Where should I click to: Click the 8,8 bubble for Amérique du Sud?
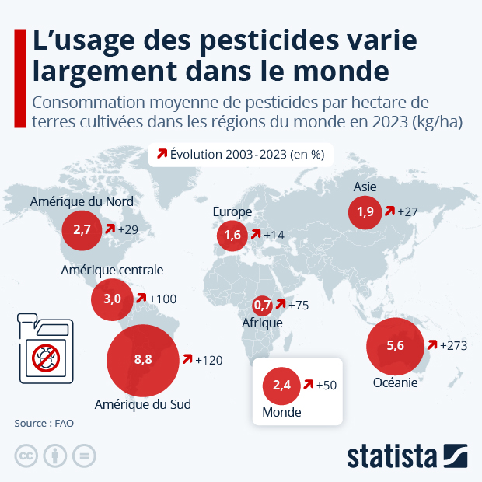click(x=142, y=360)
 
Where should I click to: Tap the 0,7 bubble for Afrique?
click(x=264, y=305)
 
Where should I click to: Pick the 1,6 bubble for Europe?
click(x=232, y=236)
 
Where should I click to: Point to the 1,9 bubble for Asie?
click(x=365, y=211)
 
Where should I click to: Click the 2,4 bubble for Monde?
click(x=281, y=386)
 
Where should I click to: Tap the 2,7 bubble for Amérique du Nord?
click(x=82, y=229)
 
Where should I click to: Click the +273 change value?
click(x=453, y=346)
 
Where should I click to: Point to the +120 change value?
click(x=209, y=360)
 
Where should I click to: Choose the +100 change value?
click(x=163, y=299)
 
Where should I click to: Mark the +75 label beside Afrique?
click(x=297, y=305)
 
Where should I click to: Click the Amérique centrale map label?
click(x=112, y=270)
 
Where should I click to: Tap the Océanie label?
click(x=396, y=382)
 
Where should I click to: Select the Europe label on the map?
click(x=232, y=211)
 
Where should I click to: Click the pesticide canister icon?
click(x=44, y=351)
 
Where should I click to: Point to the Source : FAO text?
click(x=48, y=424)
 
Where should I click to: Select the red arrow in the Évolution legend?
click(x=162, y=154)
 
